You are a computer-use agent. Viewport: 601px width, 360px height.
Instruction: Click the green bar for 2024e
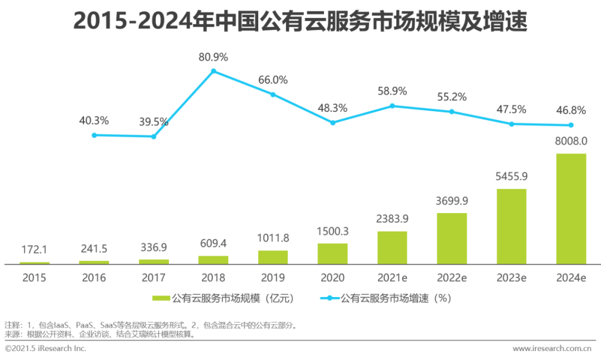[571, 209]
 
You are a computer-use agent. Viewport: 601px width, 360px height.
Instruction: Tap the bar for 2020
[333, 254]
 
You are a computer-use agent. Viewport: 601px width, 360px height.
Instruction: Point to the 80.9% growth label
[213, 57]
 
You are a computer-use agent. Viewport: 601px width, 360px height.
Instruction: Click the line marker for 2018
[213, 71]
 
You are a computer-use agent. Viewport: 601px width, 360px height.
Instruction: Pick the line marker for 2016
[94, 135]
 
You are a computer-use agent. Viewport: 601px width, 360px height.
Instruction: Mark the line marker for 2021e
[392, 106]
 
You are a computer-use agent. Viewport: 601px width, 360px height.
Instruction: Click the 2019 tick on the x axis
[273, 278]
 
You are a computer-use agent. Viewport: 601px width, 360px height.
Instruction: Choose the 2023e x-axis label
[511, 278]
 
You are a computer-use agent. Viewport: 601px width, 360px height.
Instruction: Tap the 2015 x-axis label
[35, 278]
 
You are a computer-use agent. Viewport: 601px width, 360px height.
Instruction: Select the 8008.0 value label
[571, 142]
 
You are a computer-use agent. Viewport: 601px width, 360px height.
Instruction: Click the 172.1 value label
[35, 250]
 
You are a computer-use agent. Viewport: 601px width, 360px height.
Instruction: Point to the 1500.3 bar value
[333, 231]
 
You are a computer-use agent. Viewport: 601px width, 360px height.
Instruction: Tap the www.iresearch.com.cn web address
[551, 348]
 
